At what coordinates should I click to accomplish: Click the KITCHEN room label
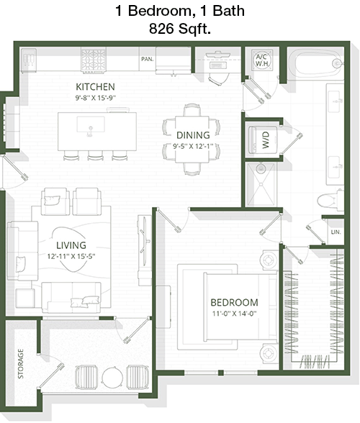point(95,87)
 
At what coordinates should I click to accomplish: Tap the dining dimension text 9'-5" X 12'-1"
point(193,146)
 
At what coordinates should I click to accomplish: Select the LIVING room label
point(71,245)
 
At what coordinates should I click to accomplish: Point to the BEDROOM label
point(234,302)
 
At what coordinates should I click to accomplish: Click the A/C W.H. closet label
point(261,60)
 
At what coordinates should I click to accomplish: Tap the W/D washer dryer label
point(266,140)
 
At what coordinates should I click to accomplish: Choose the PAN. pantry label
point(147,59)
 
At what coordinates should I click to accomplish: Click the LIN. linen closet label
point(336,232)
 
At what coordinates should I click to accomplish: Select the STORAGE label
point(21,364)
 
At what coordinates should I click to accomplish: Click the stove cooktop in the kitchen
point(94,60)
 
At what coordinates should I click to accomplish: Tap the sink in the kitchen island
point(91,124)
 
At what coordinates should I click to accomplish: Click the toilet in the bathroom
point(330,201)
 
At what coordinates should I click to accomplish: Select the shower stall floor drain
point(261,184)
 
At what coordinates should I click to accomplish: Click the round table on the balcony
point(112,378)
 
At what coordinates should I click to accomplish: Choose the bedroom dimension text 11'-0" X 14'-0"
point(234,314)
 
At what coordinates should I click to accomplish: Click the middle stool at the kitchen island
point(95,155)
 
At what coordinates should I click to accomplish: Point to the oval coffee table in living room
point(70,249)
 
